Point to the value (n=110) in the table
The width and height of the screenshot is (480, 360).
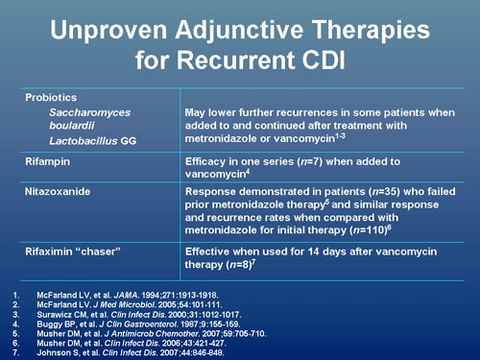pyautogui.click(x=396, y=231)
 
